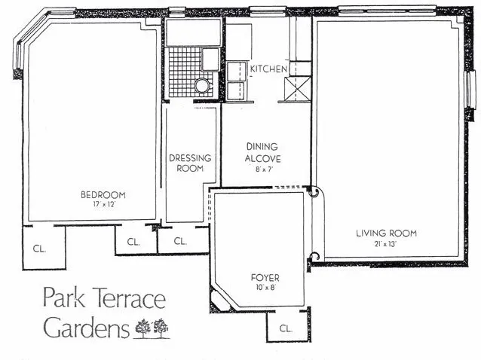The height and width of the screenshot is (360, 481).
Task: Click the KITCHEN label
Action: [x=269, y=69]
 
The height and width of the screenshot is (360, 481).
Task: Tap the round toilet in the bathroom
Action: [x=202, y=85]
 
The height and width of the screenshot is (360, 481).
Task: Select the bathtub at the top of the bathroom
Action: [x=193, y=32]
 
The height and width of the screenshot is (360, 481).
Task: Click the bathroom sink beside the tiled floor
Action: [x=210, y=58]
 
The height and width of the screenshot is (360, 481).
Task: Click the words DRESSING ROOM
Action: [x=190, y=163]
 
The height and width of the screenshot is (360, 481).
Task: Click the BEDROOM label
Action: [x=103, y=195]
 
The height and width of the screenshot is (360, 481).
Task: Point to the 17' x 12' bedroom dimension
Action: [x=103, y=205]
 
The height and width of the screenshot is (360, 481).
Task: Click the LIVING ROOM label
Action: [x=386, y=233]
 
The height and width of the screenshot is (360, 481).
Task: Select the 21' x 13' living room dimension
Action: [x=386, y=243]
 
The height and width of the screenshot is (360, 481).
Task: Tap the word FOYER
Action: [x=265, y=278]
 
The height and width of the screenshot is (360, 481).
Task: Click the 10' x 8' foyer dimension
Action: [x=265, y=288]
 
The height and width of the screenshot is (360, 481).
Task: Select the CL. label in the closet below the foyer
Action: [x=286, y=328]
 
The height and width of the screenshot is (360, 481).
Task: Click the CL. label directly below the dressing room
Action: [x=180, y=242]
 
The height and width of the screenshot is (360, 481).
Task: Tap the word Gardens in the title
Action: [x=85, y=328]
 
